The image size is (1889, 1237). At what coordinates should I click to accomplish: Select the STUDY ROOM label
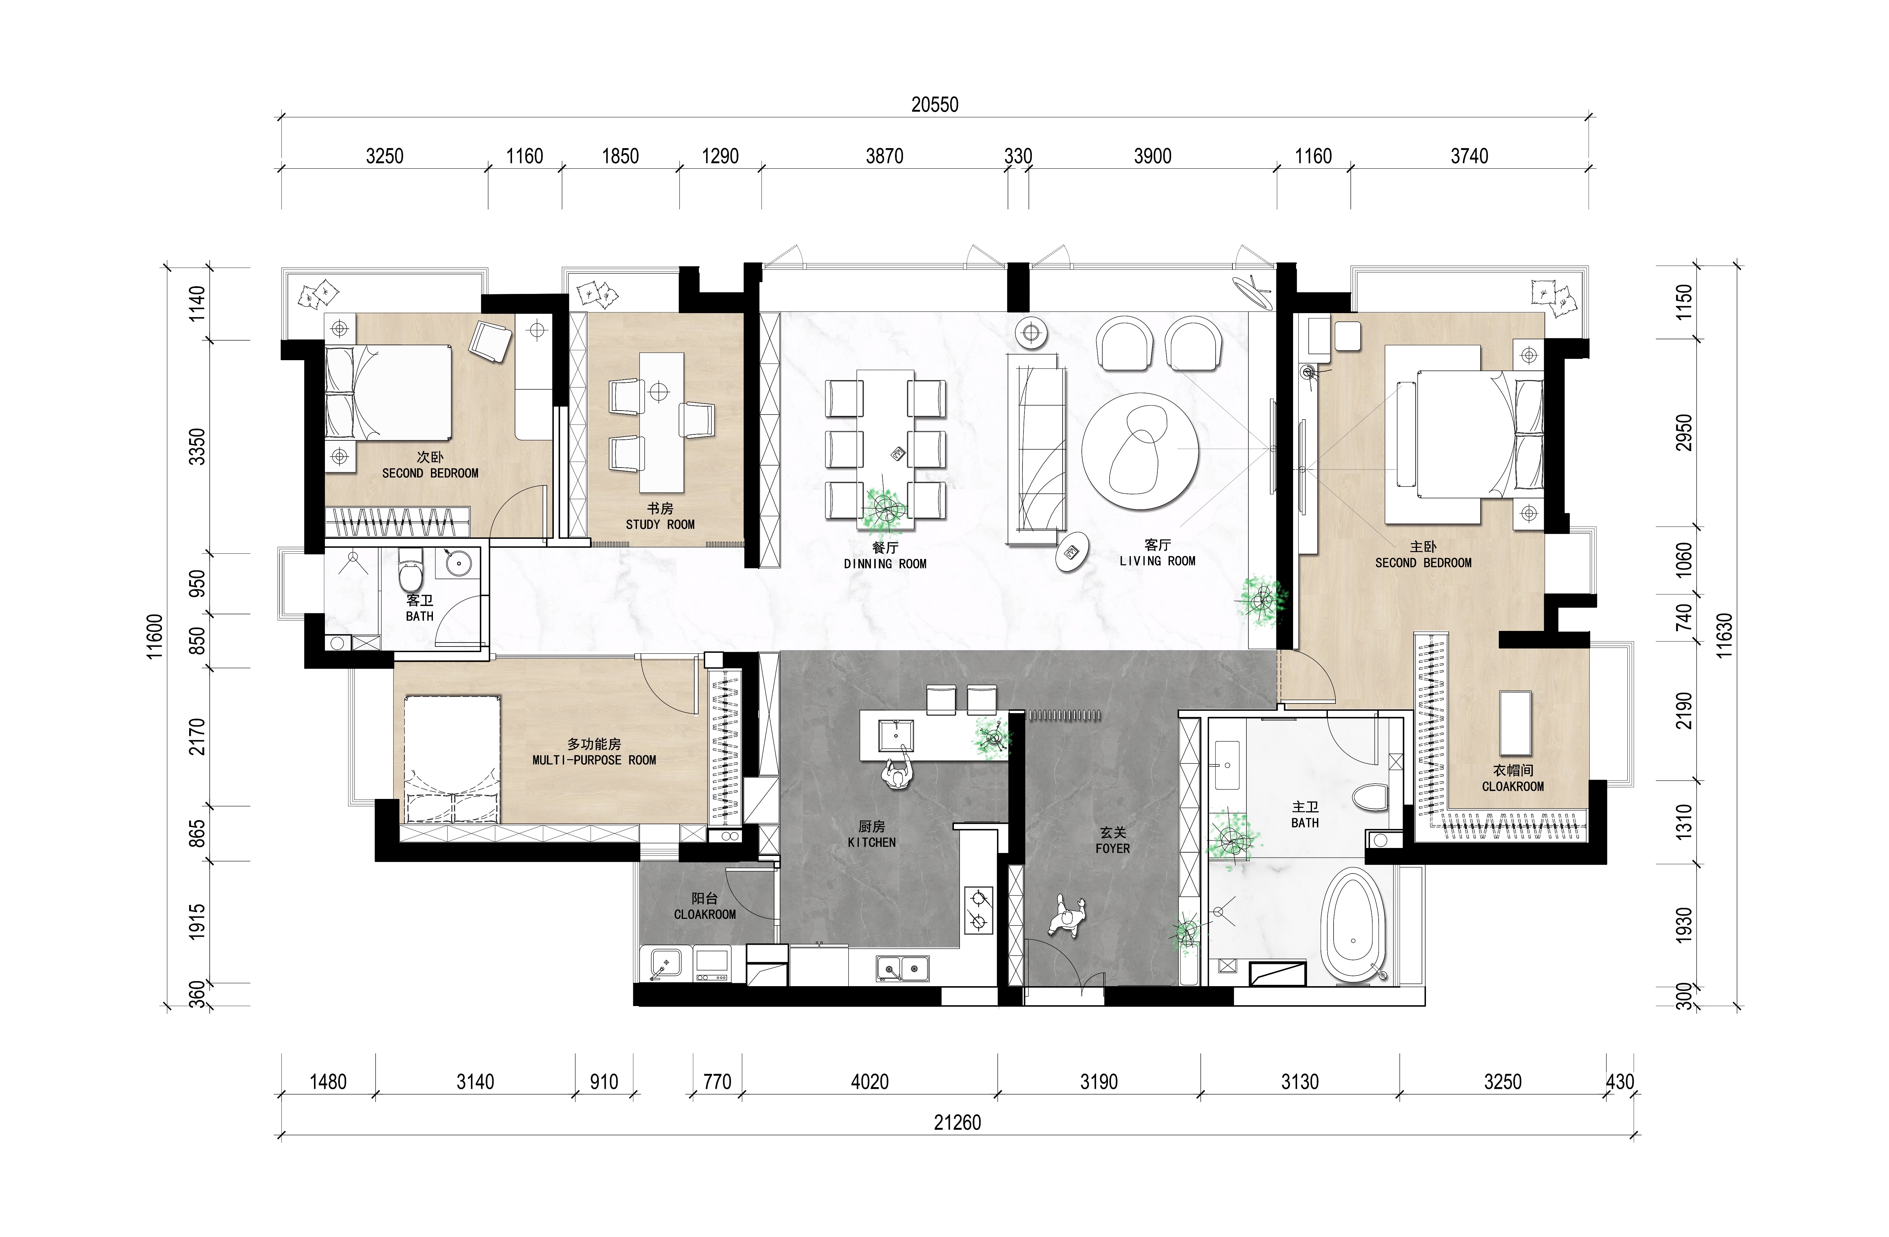click(659, 525)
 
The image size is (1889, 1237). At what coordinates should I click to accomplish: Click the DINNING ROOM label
click(885, 564)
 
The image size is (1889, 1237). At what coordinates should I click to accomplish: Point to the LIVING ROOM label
click(1157, 561)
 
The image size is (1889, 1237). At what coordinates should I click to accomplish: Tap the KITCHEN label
click(871, 842)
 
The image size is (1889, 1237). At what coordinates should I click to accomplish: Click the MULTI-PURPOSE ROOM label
click(595, 760)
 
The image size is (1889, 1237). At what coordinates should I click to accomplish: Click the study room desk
click(661, 422)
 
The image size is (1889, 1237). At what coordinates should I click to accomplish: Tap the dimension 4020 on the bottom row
click(870, 1081)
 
